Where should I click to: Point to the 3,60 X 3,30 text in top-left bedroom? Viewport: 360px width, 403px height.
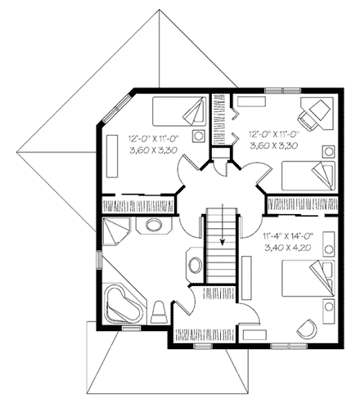point(150,150)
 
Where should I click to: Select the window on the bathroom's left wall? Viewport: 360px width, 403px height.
point(99,260)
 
